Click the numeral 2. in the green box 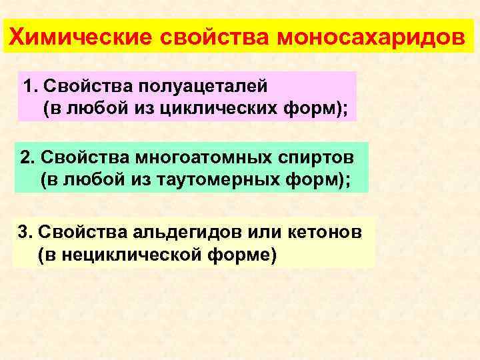tap(27, 159)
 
